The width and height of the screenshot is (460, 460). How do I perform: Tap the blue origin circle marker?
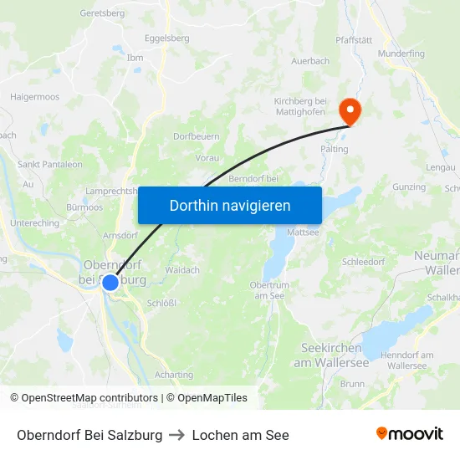coord(110,283)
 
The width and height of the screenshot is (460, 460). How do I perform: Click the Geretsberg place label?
coord(102,13)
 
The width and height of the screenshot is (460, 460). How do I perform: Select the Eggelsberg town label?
coord(166,38)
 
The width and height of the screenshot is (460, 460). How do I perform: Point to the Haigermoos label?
coord(35,97)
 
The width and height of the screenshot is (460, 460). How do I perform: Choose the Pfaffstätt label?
coord(354,38)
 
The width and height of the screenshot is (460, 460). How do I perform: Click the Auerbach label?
coord(310,61)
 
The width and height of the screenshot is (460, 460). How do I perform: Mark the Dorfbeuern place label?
coord(197,135)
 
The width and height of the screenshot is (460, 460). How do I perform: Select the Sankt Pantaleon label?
coord(50,165)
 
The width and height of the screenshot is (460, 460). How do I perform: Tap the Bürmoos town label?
coord(83,206)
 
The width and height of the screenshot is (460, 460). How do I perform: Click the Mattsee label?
coord(303,232)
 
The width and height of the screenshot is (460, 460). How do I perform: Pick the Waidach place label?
coord(182,270)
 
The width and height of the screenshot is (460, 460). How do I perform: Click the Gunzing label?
coord(409,187)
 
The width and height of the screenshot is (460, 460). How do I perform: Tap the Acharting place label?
coord(174,376)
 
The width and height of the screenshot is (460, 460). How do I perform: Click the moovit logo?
coord(410,434)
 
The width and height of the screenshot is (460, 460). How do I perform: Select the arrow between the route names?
coord(177,435)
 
